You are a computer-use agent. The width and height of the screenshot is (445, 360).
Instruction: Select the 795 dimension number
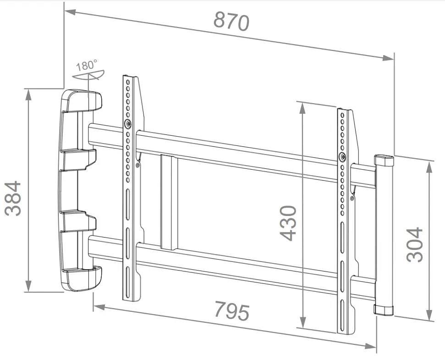point(233,311)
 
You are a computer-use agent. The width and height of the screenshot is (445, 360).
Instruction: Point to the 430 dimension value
point(288,223)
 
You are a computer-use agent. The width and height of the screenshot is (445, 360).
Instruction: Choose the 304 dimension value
point(415,244)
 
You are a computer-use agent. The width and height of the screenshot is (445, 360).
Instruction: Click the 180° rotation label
point(87,65)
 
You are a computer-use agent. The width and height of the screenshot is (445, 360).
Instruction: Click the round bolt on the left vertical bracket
point(128,124)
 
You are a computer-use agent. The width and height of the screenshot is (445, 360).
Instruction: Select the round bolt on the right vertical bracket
point(343,157)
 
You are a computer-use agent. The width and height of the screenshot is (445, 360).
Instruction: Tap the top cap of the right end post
point(384,160)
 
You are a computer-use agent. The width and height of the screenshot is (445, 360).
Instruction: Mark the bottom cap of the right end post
point(384,310)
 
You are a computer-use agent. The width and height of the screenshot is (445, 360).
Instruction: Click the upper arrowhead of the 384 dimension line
point(28,93)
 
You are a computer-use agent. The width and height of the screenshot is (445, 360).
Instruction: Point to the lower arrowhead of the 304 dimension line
point(429,316)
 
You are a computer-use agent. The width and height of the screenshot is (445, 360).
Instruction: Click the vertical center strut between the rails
point(168,202)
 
